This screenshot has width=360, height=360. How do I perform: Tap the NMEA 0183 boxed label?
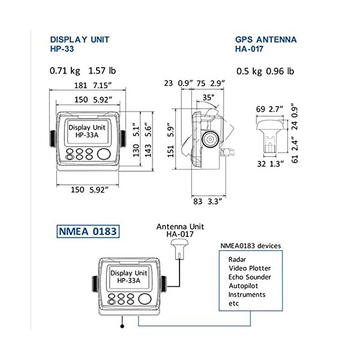tap(87, 231)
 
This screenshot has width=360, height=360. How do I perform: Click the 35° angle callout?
tap(208, 97)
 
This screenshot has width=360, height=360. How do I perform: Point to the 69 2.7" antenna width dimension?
tap(268, 109)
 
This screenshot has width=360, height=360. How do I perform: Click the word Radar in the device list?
tap(238, 259)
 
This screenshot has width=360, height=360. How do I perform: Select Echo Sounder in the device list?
tap(250, 277)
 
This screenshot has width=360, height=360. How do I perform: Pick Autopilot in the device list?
tap(244, 286)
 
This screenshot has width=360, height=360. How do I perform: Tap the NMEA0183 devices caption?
tap(251, 245)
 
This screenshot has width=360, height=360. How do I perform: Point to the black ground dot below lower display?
tap(122, 327)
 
